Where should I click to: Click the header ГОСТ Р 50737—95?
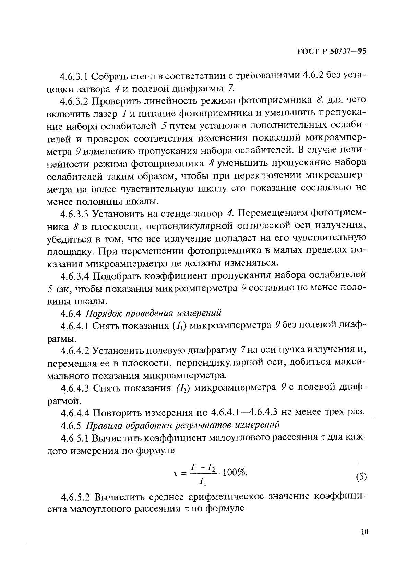(332, 52)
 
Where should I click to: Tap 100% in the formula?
(235, 473)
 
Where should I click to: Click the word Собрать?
(108, 76)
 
